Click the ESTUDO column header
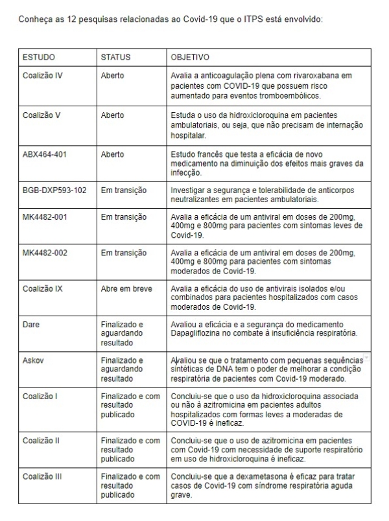click(39, 57)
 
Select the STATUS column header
click(115, 57)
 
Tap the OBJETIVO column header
click(190, 57)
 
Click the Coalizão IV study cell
click(42, 76)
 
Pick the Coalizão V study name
click(41, 115)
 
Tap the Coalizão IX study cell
click(42, 288)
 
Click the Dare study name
click(30, 324)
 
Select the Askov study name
click(33, 360)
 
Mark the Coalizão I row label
click(40, 396)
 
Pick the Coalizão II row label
click(41, 441)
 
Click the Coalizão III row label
click(42, 477)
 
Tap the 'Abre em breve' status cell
click(126, 288)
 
